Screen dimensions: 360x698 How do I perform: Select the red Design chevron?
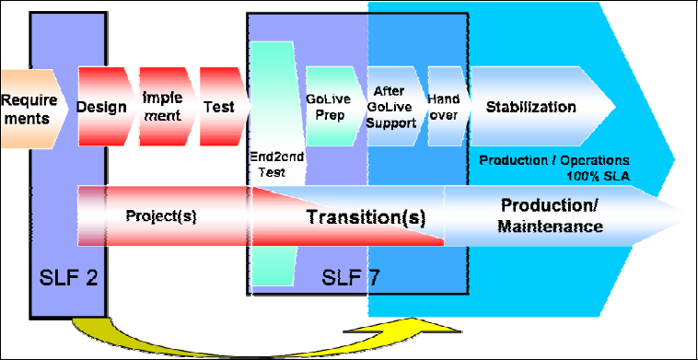(102, 107)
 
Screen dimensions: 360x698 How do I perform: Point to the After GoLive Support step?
(395, 107)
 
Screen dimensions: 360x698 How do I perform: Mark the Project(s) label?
(160, 216)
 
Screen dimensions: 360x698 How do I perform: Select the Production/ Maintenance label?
(552, 215)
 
